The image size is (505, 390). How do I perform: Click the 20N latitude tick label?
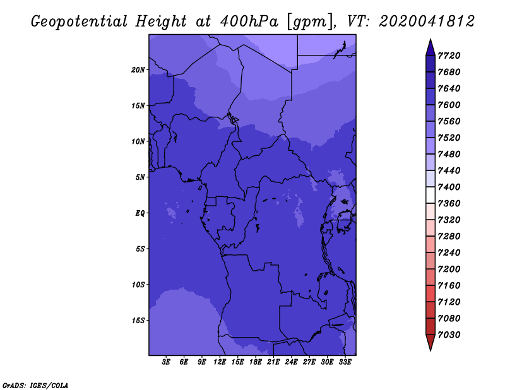coord(138,70)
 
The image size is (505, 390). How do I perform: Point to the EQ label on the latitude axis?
coord(140,213)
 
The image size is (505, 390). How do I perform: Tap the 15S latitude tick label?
coord(138,321)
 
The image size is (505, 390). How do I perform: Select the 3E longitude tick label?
coord(166,362)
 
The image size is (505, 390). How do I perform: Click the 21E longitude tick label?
coord(273,362)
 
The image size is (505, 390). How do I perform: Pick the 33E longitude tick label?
coord(345,362)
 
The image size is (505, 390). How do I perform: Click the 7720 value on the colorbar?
coord(449,56)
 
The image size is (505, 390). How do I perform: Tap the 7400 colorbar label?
coord(449,187)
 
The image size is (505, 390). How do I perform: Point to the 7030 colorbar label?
coord(449,335)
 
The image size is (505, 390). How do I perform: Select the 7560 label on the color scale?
coord(449,121)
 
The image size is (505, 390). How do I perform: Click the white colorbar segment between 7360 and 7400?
coord(431,195)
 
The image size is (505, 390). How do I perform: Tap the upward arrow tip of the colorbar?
coord(431,39)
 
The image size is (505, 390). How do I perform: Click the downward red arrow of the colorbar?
coord(431,343)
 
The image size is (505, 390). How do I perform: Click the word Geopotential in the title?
coord(80,22)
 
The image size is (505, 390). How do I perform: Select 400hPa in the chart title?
coord(249,21)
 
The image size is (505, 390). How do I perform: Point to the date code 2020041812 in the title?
coord(427,21)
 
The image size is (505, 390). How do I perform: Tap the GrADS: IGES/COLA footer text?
coord(35,386)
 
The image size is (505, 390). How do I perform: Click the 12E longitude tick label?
coord(219,362)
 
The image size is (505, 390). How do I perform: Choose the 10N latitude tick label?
coord(138,141)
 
